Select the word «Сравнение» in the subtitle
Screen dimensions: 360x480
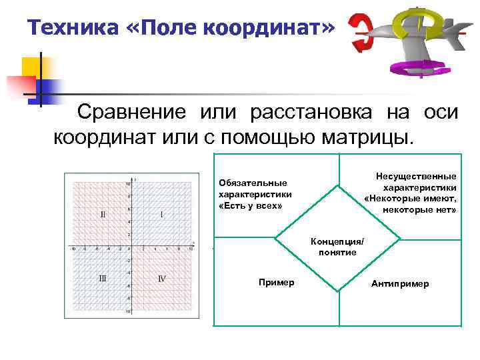[x=130, y=112]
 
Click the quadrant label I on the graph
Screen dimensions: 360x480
[x=162, y=215]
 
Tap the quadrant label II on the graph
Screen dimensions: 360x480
[x=103, y=215]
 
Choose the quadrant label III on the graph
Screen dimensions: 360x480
[x=103, y=279]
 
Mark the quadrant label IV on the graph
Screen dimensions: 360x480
[x=161, y=279]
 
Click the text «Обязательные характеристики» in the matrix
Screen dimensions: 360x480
[x=253, y=189]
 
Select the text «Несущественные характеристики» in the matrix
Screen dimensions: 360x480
[x=415, y=181]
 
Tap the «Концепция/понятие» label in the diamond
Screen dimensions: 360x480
[x=341, y=247]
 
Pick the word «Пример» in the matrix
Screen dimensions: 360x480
[x=276, y=283]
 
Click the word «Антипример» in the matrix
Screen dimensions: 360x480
[x=400, y=283]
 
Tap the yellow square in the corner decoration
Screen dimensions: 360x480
[x=32, y=67]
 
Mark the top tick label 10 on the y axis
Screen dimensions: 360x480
[x=128, y=183]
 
